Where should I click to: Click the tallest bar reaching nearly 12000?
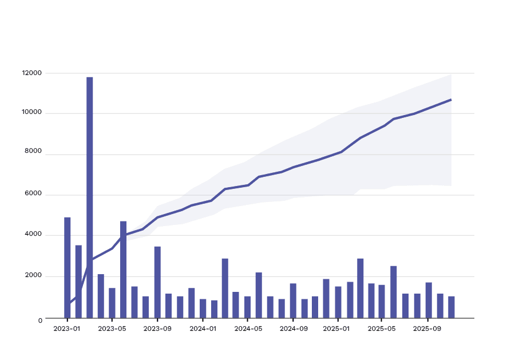[90, 197]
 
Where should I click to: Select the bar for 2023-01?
[68, 268]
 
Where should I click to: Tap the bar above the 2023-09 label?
[157, 282]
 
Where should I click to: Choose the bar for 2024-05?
[248, 307]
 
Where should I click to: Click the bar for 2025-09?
[429, 300]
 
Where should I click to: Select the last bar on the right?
[451, 307]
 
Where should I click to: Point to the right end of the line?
[451, 100]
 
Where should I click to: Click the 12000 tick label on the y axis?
[32, 73]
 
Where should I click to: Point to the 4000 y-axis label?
[34, 234]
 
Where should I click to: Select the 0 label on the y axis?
[40, 321]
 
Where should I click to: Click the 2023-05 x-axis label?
[112, 329]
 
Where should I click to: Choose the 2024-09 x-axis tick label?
[293, 329]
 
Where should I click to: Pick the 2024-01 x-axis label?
[203, 329]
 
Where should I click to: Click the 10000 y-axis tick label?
[32, 112]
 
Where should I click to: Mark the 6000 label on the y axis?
[34, 193]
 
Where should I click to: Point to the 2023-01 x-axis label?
[67, 329]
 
